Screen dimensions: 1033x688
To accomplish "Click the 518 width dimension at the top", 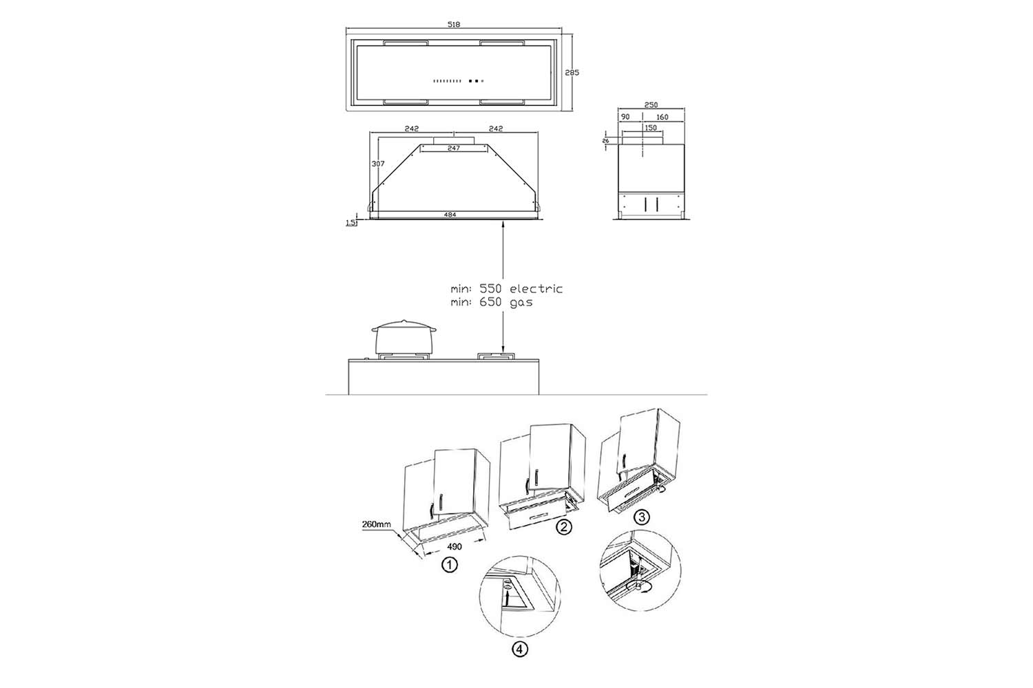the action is click(x=454, y=24).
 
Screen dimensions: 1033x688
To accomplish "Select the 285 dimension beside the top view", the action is click(x=572, y=72).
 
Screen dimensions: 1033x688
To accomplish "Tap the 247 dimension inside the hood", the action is click(x=453, y=148).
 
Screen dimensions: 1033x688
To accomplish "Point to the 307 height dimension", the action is click(x=377, y=164).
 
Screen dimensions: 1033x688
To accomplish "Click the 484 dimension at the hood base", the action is click(x=450, y=214).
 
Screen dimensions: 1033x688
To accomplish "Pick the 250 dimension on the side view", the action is click(x=651, y=105).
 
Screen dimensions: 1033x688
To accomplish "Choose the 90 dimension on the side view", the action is click(x=625, y=117).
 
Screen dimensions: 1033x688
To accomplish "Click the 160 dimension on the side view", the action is click(x=662, y=117).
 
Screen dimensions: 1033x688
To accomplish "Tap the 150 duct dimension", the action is click(x=650, y=128).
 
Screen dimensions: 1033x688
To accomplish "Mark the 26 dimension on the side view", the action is click(x=605, y=140).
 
